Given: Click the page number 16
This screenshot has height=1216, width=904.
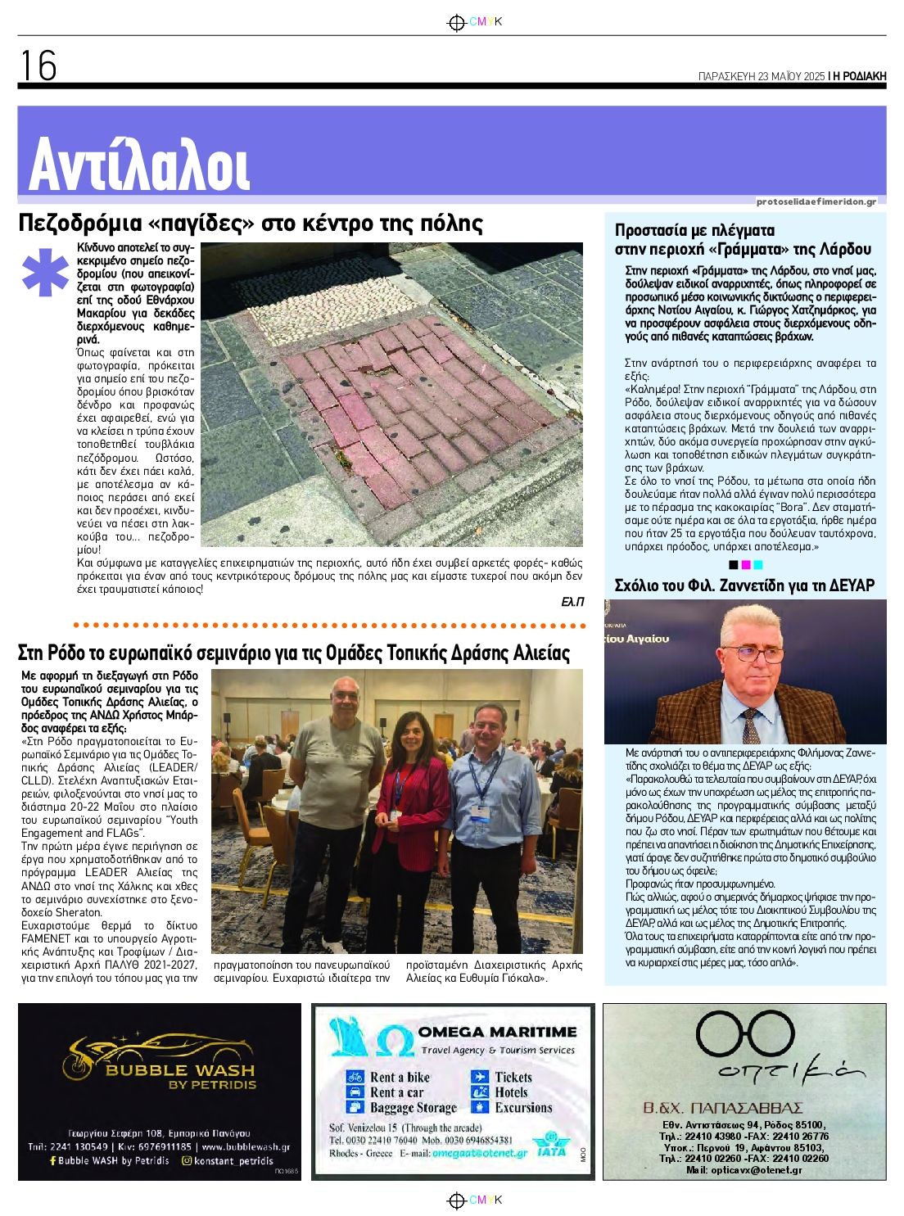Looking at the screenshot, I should [38, 66].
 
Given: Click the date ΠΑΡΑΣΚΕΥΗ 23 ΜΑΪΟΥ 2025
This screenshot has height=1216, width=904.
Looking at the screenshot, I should [761, 76].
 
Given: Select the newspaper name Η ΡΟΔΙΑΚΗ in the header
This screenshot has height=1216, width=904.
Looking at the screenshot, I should [859, 76].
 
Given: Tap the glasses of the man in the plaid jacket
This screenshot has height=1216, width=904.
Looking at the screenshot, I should [752, 653].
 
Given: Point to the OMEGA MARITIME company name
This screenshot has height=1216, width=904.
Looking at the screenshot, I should [497, 1032].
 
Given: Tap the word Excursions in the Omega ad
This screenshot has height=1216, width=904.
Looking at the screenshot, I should [523, 1108].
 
